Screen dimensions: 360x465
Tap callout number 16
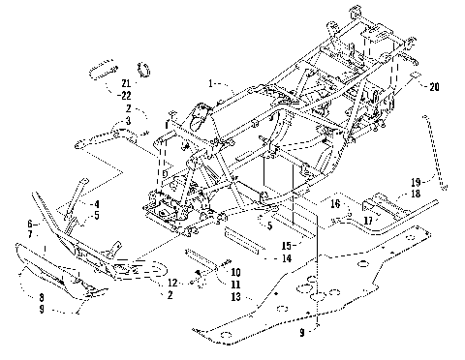pyautogui.click(x=333, y=205)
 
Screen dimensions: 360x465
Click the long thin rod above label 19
pyautogui.click(x=437, y=154)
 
